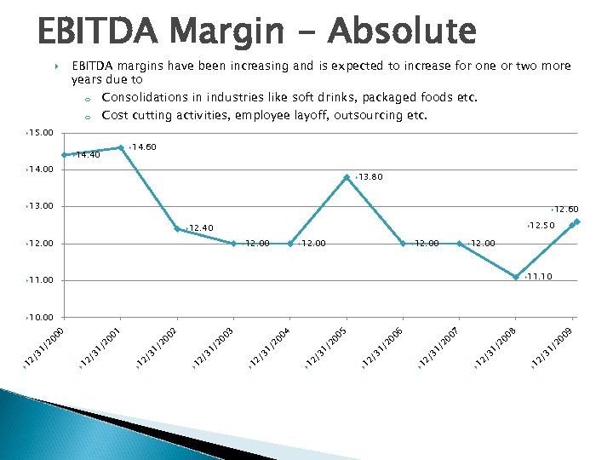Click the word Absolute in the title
pyautogui.click(x=405, y=32)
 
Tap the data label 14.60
pyautogui.click(x=144, y=147)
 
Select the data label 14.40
pyautogui.click(x=88, y=155)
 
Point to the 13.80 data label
pyautogui.click(x=370, y=177)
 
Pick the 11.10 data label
pyautogui.click(x=540, y=277)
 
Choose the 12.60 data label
pyautogui.click(x=565, y=210)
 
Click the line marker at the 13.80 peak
pyautogui.click(x=347, y=177)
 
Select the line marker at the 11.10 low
pyautogui.click(x=516, y=277)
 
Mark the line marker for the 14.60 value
pyautogui.click(x=121, y=147)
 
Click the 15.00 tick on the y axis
pyautogui.click(x=40, y=133)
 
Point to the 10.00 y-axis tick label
pyautogui.click(x=40, y=317)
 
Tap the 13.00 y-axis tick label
pyautogui.click(x=40, y=206)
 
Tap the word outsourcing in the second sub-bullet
pyautogui.click(x=370, y=115)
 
